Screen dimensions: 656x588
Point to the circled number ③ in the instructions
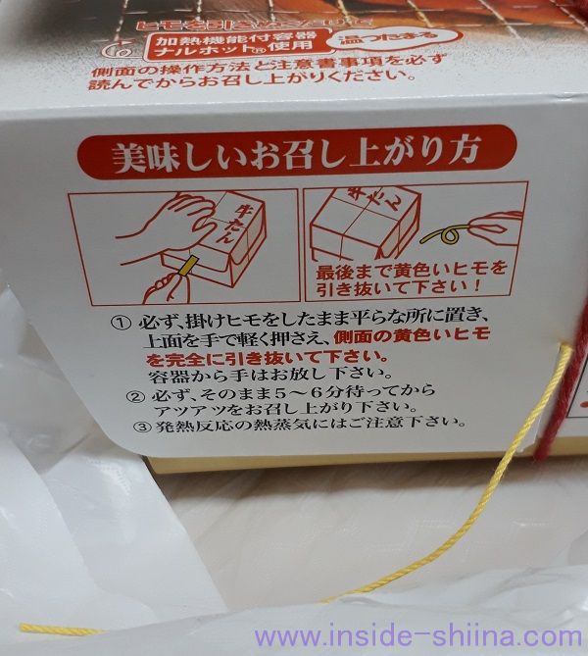tap(135, 427)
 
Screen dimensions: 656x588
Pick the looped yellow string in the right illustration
tap(453, 234)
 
